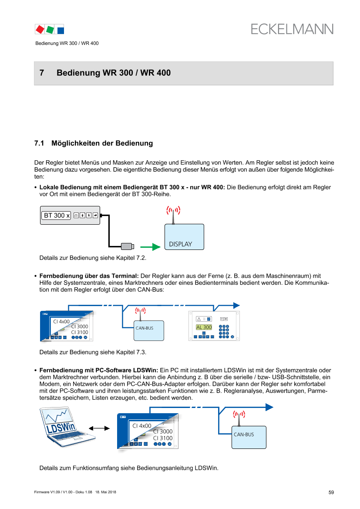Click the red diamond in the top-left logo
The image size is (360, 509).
(40, 29)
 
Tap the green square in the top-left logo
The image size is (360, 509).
(50, 29)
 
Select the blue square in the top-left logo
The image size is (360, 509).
(61, 30)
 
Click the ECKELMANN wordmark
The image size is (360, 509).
(292, 29)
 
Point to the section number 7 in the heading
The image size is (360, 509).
(42, 73)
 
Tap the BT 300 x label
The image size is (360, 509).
(57, 216)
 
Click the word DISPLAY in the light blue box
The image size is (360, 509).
(181, 244)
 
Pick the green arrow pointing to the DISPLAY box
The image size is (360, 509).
(150, 247)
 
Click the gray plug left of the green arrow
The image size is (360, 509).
(127, 247)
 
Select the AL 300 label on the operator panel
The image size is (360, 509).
(204, 327)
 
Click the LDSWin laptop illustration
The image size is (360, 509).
(67, 427)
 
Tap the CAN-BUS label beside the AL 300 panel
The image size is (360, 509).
(144, 327)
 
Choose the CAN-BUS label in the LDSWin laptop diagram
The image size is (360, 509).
(244, 434)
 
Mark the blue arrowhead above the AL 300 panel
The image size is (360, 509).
(236, 305)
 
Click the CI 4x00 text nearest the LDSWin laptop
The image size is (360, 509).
(142, 426)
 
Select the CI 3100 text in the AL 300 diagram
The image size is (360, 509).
(79, 332)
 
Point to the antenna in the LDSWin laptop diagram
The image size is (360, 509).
(239, 417)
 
